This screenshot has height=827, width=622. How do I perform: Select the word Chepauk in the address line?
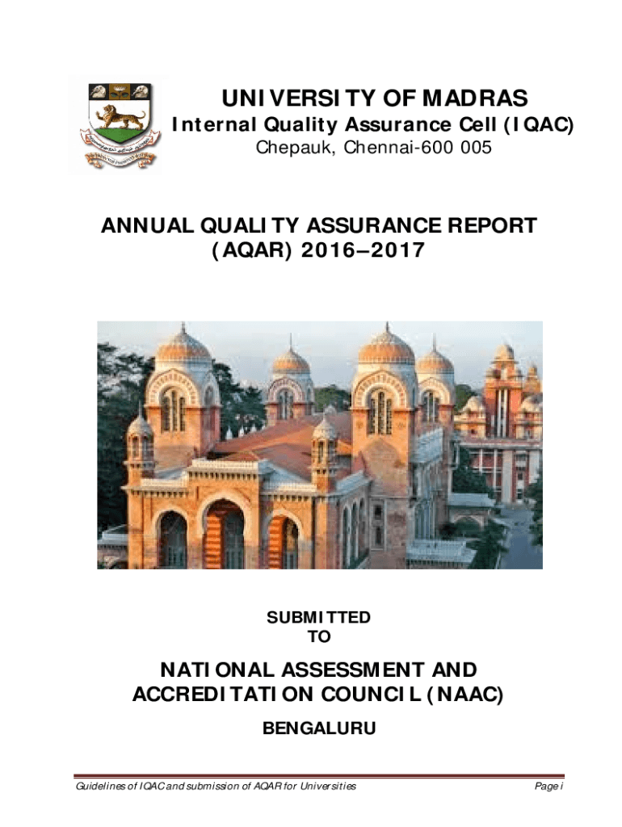click(x=289, y=149)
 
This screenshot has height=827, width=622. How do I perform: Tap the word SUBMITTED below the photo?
click(x=318, y=618)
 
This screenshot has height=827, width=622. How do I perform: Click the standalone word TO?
click(x=319, y=637)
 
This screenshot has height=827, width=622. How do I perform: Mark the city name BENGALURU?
click(x=319, y=729)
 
